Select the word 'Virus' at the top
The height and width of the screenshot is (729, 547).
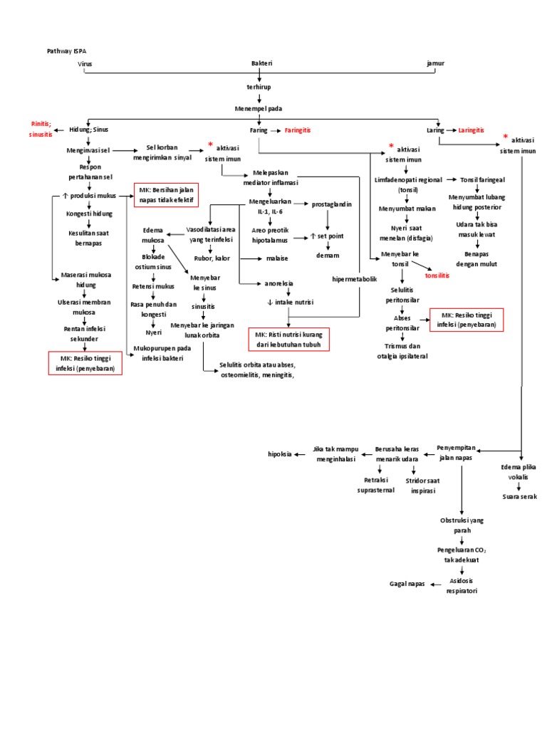pos(85,63)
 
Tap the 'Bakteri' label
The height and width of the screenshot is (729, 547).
pos(261,63)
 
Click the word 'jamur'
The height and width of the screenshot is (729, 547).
pos(434,63)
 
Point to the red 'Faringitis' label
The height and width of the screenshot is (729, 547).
pos(298,131)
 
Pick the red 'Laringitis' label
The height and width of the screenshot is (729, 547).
pos(471,131)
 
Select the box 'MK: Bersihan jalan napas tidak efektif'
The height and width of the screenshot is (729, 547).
pos(166,194)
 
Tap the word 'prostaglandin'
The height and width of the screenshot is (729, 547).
pos(332,204)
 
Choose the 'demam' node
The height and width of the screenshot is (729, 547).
pos(328,255)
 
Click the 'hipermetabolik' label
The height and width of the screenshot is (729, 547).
pos(355,280)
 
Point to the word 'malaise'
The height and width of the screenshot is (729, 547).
pos(276,258)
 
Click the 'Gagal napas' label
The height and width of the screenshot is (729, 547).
pos(407,583)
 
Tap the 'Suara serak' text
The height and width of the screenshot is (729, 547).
pos(519,496)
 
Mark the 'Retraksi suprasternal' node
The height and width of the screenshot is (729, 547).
pos(375,486)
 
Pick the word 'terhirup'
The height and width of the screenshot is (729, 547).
pos(259,86)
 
